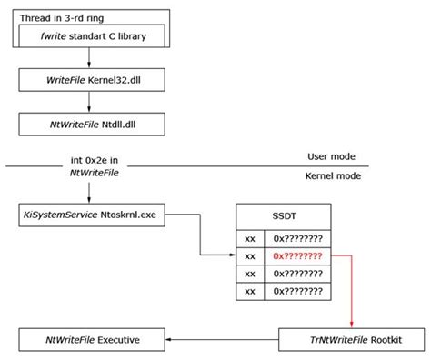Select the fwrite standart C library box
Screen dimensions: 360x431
88,37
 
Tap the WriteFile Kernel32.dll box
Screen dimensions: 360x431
88,80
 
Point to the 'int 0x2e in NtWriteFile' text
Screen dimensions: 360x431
89,165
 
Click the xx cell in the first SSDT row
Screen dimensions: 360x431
249,238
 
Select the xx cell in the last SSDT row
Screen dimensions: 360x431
249,291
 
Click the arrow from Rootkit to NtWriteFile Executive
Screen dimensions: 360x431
218,340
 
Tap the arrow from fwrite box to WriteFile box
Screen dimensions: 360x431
88,58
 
